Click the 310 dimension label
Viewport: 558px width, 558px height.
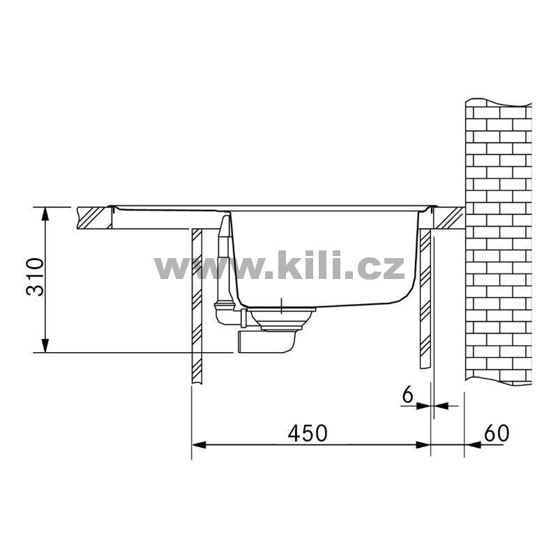pyautogui.click(x=36, y=276)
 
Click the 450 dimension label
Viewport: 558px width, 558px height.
pyautogui.click(x=308, y=433)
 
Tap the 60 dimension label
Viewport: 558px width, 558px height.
pyautogui.click(x=497, y=432)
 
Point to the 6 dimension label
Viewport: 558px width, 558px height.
pyautogui.click(x=407, y=394)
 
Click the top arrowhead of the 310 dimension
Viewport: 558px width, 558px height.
pyautogui.click(x=45, y=215)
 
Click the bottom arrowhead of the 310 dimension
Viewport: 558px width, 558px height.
pyautogui.click(x=45, y=345)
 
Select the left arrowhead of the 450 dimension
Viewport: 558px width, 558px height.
pyautogui.click(x=199, y=445)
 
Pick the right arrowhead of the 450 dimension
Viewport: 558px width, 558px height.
pyautogui.click(x=423, y=445)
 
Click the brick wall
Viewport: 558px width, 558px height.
pyautogui.click(x=499, y=242)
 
